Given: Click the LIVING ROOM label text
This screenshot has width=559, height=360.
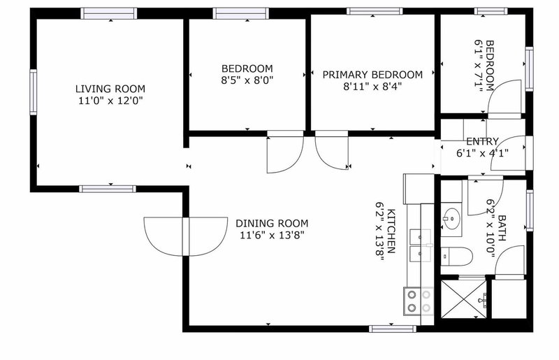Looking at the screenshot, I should (110, 89).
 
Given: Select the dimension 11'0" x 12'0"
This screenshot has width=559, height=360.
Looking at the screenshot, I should (110, 101).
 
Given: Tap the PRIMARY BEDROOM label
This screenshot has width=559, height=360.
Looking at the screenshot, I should (372, 75).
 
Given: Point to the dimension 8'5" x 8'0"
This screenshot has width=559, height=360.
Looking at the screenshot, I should (247, 80).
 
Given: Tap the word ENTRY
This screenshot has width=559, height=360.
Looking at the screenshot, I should (482, 141).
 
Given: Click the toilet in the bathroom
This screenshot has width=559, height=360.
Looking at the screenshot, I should (457, 256).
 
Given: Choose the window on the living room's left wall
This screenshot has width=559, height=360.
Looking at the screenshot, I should (32, 92).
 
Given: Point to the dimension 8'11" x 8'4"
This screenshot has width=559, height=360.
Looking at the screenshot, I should (372, 87).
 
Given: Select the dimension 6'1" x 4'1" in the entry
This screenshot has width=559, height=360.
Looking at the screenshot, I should (482, 153).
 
